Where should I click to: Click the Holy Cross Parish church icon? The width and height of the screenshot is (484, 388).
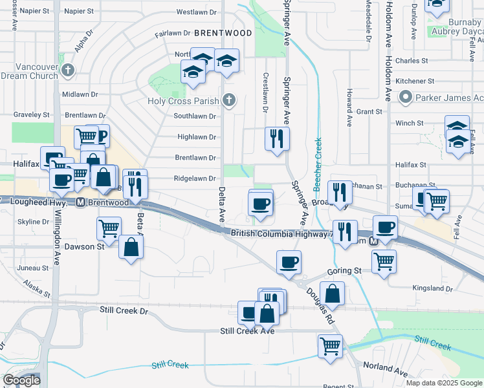tap(227, 100)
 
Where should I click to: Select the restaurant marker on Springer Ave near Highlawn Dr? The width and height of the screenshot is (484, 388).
tap(277, 138)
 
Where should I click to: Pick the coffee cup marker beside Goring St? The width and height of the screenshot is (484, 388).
tap(289, 262)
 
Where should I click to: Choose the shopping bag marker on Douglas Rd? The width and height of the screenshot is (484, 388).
tap(332, 293)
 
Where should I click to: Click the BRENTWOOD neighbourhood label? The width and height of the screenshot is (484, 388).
tap(223, 32)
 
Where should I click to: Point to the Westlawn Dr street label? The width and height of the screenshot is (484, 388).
tap(195, 12)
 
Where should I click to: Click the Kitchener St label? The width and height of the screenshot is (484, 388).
tap(415, 81)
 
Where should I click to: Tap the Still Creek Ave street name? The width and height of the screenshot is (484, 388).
tap(247, 331)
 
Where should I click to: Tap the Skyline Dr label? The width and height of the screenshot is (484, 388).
tap(29, 222)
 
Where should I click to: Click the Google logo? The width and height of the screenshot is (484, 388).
tap(21, 380)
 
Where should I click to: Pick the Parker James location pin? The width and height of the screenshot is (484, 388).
tap(406, 98)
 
